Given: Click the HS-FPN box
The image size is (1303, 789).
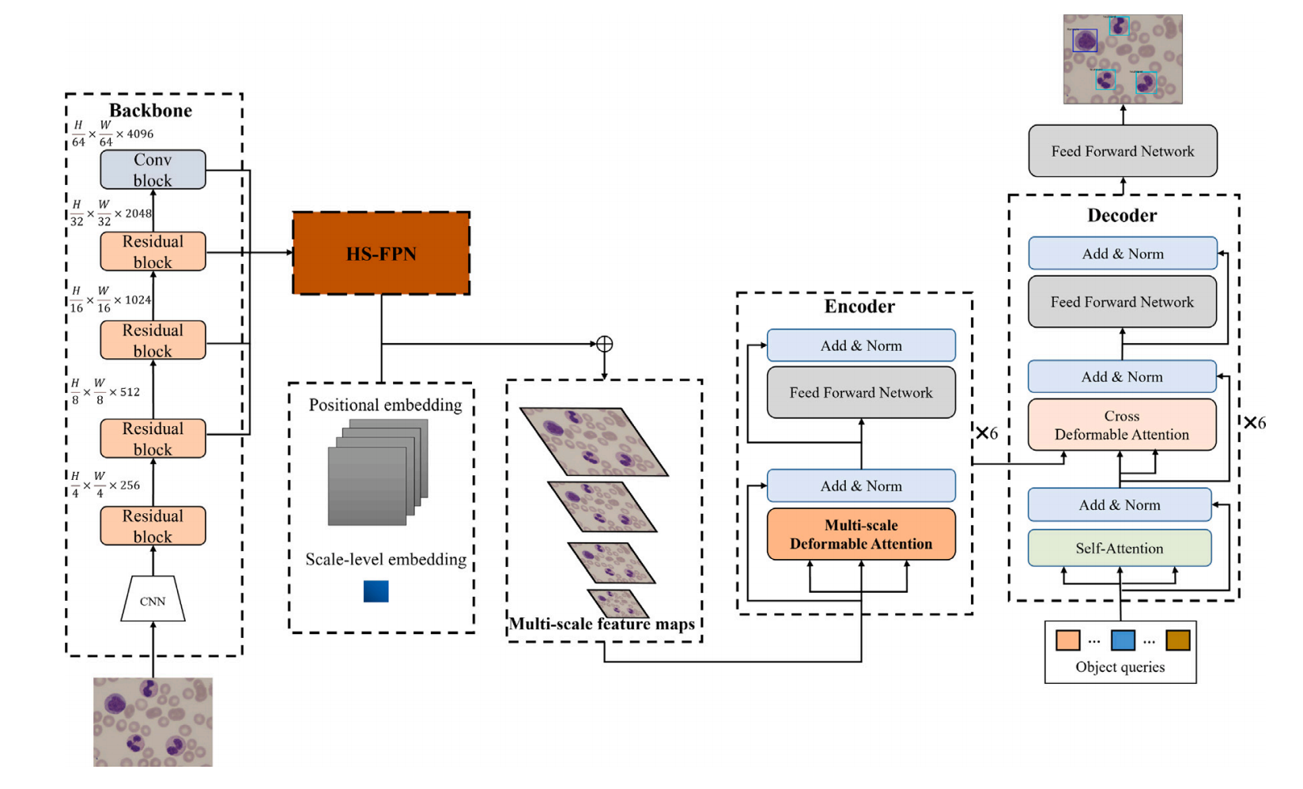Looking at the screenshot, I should pos(381,254).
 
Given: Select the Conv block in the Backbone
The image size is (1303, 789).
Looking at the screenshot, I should pos(153,170).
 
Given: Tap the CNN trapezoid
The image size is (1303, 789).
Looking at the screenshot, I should pos(153,599).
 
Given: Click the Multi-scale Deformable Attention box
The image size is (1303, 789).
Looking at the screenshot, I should pos(861,534).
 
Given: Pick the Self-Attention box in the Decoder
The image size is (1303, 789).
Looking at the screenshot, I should pos(1119,549).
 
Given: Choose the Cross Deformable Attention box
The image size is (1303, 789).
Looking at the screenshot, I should pos(1121,425).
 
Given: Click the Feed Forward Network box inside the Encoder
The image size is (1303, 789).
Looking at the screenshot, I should pos(861,393).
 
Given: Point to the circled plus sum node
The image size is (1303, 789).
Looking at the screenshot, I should pos(604,344).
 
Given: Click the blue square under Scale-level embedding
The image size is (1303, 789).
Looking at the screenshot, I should pos(376,591).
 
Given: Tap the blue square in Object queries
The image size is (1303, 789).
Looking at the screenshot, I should pos(1123,640).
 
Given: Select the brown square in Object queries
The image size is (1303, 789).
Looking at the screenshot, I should pos(1177,640).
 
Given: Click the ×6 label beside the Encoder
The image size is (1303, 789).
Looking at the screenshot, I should pos(987,433).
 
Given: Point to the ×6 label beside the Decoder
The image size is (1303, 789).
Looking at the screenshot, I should pos(1255,423).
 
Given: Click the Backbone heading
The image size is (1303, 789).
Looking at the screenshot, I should pos(150,111).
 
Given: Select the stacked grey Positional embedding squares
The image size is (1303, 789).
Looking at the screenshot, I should pos(378,472).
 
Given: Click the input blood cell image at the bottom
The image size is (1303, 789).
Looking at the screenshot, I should pos(153,722).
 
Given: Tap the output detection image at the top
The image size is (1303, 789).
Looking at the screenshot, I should pos(1123,59).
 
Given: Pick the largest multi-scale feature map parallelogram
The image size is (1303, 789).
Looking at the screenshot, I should pos(594,441).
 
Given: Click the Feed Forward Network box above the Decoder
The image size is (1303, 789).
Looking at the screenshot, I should pos(1123,151).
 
